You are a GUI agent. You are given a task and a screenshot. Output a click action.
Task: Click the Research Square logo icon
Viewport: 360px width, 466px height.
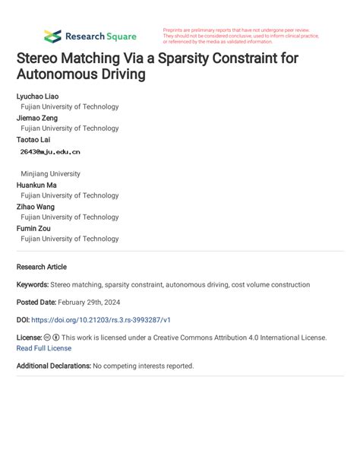pyautogui.click(x=52, y=36)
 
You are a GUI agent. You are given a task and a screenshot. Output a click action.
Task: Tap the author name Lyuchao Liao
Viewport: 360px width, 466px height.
pyautogui.click(x=37, y=97)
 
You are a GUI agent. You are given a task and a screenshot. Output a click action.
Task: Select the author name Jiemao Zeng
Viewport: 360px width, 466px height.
pyautogui.click(x=37, y=118)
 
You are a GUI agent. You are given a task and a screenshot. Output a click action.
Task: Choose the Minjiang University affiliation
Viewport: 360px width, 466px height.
pyautogui.click(x=50, y=173)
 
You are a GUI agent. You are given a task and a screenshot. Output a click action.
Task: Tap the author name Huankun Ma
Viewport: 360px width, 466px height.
pyautogui.click(x=36, y=185)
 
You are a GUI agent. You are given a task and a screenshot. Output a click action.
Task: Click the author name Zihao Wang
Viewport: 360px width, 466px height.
pyautogui.click(x=36, y=206)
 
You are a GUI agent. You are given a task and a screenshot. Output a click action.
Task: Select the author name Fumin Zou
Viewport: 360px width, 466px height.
pyautogui.click(x=33, y=227)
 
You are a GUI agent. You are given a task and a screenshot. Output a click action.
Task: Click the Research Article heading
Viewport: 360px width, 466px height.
pyautogui.click(x=41, y=267)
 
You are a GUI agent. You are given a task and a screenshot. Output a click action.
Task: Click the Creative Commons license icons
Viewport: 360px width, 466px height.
pyautogui.click(x=52, y=337)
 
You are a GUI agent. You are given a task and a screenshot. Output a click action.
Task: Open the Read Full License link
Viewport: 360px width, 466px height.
pyautogui.click(x=44, y=347)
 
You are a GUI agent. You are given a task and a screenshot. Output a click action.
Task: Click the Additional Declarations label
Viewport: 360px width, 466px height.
pyautogui.click(x=53, y=366)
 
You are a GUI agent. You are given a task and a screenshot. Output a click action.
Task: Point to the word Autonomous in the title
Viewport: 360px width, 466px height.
pyautogui.click(x=61, y=74)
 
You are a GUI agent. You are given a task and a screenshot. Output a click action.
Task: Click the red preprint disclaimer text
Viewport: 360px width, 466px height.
pyautogui.click(x=241, y=36)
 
